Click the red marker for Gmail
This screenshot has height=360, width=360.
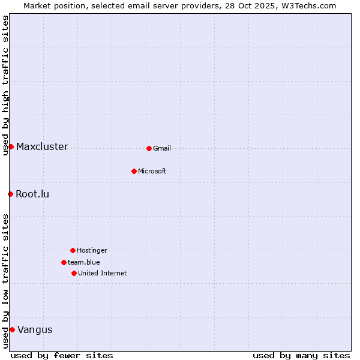[x=149, y=148]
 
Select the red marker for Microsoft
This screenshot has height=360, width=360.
[x=134, y=171]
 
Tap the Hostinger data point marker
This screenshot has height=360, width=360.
[x=73, y=250]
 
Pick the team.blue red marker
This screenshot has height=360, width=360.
[x=64, y=262]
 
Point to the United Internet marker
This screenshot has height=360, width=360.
[x=74, y=273]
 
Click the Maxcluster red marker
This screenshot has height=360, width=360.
[x=11, y=146]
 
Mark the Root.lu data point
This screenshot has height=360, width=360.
[x=10, y=194]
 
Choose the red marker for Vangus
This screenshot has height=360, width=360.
[x=12, y=329]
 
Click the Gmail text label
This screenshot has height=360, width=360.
[x=162, y=148]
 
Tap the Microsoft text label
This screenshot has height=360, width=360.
[x=152, y=171]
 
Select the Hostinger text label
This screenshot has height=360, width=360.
[x=92, y=250]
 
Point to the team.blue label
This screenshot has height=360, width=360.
[x=84, y=262]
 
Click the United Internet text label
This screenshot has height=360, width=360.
[x=103, y=273]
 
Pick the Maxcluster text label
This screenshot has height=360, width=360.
[x=42, y=147]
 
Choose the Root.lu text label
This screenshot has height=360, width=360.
[x=32, y=194]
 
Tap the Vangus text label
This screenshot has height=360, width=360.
[x=35, y=329]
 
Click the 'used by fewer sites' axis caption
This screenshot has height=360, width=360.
[x=62, y=355]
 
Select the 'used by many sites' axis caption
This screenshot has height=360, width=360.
[x=301, y=355]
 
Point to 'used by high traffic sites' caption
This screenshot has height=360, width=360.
[x=6, y=85]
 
